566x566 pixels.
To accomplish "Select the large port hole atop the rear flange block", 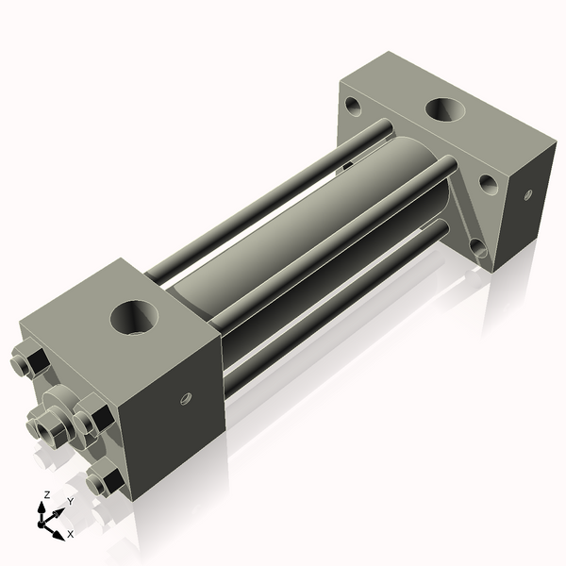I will (443, 108).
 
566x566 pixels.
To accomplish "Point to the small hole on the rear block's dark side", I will (527, 194).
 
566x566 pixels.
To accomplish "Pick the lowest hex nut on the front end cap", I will (103, 483).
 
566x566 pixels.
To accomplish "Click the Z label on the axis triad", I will (46, 495).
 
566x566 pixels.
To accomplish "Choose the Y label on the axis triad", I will (70, 502).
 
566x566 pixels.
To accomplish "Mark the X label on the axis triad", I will (70, 534).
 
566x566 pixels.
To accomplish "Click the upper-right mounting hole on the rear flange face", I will (488, 183).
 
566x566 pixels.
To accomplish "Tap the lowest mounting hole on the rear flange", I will (478, 247).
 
